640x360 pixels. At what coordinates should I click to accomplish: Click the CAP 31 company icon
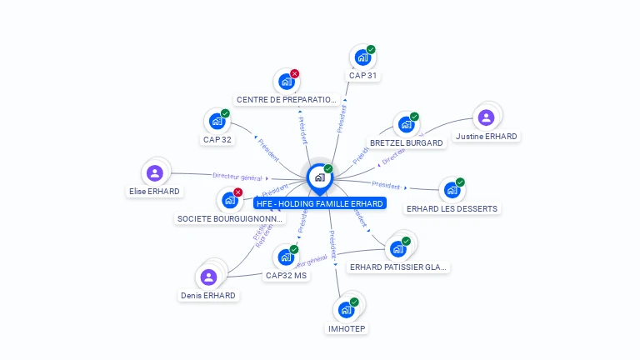click(x=362, y=57)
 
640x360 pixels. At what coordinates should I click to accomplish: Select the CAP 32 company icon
click(x=217, y=122)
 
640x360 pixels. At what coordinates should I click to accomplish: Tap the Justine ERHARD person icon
click(x=486, y=117)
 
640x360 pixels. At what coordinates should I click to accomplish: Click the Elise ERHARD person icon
click(x=154, y=173)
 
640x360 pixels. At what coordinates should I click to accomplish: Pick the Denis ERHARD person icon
click(x=208, y=277)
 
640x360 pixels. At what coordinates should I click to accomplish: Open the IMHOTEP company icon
click(x=345, y=310)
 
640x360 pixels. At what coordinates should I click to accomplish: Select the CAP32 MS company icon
click(x=285, y=257)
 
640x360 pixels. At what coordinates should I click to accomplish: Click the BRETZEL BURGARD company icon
click(x=406, y=125)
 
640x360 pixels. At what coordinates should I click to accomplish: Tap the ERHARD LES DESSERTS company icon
click(x=451, y=190)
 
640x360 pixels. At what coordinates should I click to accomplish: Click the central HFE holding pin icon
click(x=319, y=177)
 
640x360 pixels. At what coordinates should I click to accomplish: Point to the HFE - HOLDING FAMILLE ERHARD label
click(x=320, y=203)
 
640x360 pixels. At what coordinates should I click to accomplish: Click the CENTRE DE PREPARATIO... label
click(x=287, y=100)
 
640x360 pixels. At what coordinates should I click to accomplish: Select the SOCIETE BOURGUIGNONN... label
click(x=231, y=219)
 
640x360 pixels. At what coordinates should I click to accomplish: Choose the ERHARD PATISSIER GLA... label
click(x=399, y=267)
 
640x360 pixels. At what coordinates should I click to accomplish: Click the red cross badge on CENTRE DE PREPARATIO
click(x=295, y=73)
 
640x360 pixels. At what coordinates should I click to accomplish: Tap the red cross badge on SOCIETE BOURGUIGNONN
click(x=238, y=192)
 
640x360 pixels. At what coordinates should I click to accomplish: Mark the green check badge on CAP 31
click(x=371, y=49)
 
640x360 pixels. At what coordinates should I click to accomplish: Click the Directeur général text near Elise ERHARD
click(x=237, y=177)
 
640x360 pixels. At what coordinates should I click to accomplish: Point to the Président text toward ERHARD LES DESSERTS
click(x=386, y=185)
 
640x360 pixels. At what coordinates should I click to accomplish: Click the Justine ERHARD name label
click(x=487, y=136)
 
